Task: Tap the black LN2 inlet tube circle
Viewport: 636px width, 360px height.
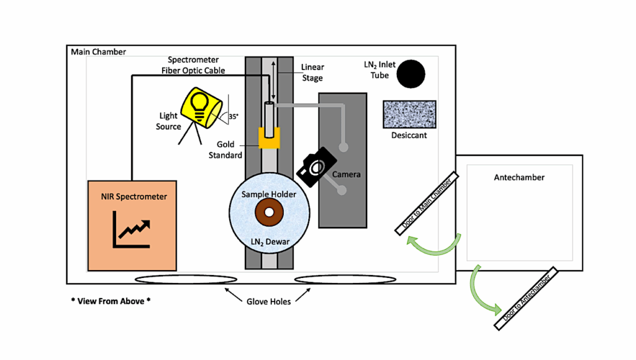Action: (411, 74)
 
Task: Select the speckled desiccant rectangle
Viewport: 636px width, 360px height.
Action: (410, 114)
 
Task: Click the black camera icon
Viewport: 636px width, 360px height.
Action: (317, 166)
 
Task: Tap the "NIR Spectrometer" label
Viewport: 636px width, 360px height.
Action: (134, 197)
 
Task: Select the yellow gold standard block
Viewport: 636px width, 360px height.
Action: (268, 138)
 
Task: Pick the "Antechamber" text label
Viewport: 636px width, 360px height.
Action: (519, 178)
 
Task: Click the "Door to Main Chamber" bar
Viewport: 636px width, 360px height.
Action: (427, 204)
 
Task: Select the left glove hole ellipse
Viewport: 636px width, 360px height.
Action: (186, 279)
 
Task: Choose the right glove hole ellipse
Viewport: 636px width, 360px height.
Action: (345, 280)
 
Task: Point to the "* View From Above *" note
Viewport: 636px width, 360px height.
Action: (111, 301)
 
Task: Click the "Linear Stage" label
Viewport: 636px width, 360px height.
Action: (312, 73)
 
